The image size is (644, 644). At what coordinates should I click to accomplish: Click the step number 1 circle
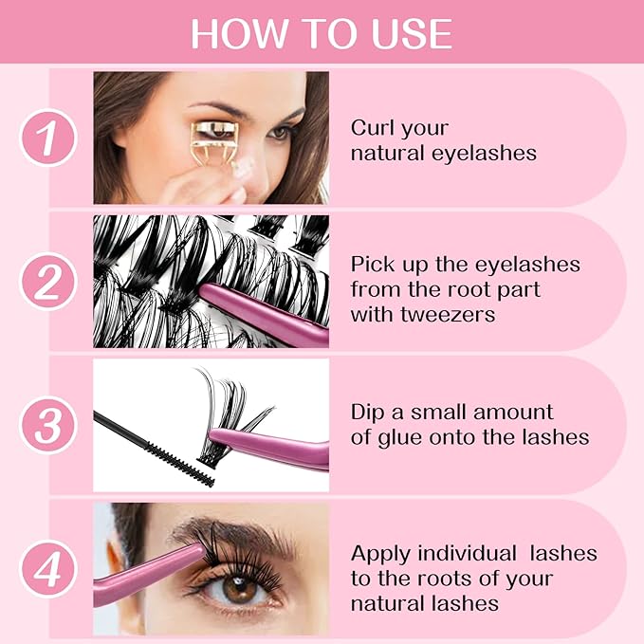47,138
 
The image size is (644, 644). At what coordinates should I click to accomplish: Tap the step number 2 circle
47,282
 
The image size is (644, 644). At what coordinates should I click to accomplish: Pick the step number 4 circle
47,569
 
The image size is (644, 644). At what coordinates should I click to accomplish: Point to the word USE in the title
411,34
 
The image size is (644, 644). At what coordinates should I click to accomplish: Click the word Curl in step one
373,128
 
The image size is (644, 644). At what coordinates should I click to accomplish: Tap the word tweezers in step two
451,314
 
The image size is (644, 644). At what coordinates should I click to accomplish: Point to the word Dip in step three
370,413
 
